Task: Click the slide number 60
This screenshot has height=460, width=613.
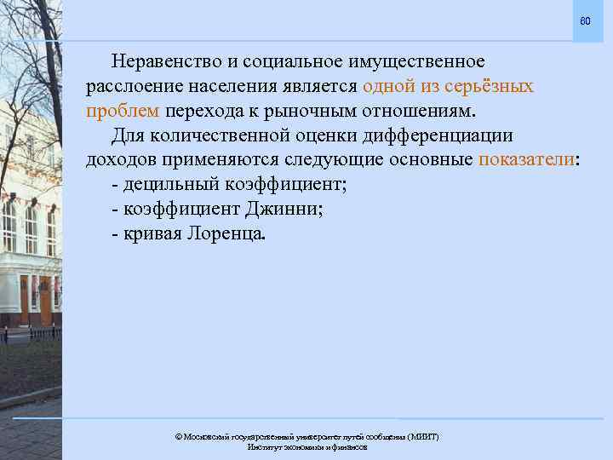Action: click(585, 20)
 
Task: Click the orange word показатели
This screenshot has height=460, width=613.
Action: click(528, 161)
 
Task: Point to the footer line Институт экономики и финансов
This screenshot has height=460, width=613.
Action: click(306, 447)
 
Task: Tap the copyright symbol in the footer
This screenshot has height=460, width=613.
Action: click(178, 437)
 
